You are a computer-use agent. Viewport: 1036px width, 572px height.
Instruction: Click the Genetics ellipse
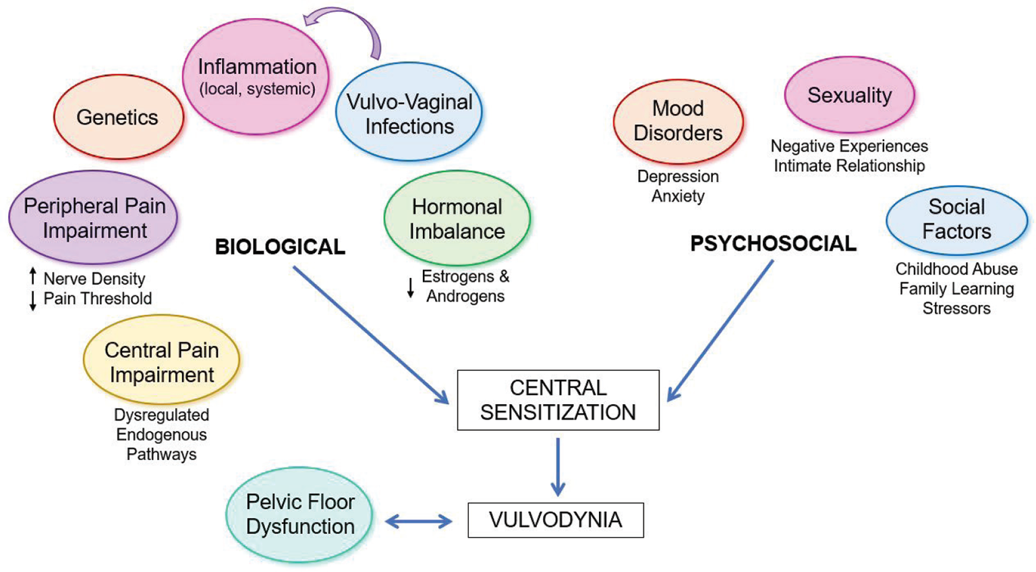click(x=118, y=117)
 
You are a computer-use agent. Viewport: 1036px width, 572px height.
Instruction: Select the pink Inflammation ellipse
click(x=256, y=76)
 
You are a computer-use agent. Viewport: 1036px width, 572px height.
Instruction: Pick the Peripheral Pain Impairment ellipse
click(x=94, y=217)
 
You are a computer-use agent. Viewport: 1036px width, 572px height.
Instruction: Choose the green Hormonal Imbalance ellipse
click(x=457, y=219)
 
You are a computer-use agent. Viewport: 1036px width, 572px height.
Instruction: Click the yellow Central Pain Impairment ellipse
click(x=161, y=362)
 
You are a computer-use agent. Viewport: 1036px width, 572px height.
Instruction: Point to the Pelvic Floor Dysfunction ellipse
click(x=299, y=514)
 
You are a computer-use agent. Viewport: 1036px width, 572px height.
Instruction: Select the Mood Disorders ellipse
click(x=678, y=121)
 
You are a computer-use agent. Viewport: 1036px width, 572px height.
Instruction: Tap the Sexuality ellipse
click(x=849, y=95)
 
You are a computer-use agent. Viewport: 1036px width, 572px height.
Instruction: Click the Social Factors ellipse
click(x=956, y=219)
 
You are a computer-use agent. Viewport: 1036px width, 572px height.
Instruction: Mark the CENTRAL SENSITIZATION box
click(x=558, y=400)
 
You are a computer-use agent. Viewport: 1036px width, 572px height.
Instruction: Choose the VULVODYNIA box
click(x=555, y=520)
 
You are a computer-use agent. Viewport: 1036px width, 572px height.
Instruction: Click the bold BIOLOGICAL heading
click(x=280, y=247)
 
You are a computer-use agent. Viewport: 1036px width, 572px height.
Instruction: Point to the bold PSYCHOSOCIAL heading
click(x=773, y=244)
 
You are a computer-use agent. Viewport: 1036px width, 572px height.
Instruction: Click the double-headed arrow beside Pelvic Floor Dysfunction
click(x=419, y=521)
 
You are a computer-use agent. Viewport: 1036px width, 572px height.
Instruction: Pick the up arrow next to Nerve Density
click(x=32, y=276)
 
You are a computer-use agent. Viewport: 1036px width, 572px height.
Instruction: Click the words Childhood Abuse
click(x=956, y=269)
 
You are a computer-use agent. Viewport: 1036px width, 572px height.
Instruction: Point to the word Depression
click(x=678, y=177)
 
